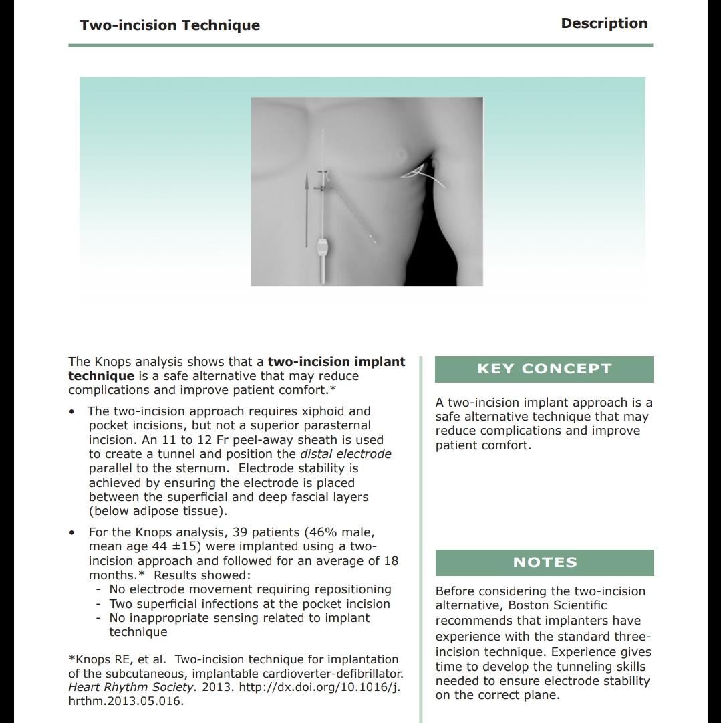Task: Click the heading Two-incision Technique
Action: (170, 25)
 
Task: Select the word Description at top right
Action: (604, 23)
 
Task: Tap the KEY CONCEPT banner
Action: (544, 369)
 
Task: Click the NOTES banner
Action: (545, 562)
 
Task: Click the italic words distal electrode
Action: (345, 454)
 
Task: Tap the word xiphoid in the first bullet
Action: (325, 411)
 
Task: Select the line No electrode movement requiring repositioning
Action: (251, 589)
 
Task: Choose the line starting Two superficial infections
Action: (249, 604)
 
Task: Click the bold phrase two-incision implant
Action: (336, 362)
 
